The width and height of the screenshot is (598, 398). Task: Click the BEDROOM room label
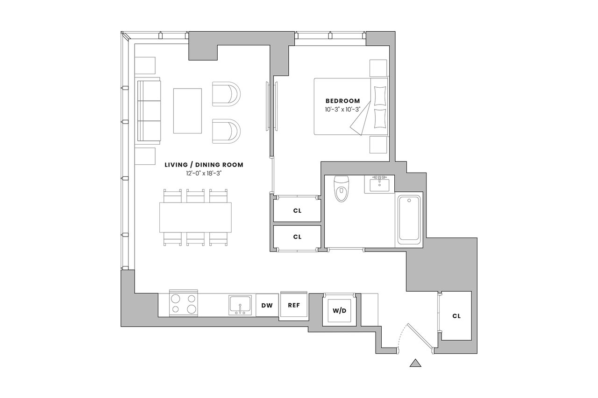(342, 101)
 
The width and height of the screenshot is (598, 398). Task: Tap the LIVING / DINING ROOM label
(204, 165)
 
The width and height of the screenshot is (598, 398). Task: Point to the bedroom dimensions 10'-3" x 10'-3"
(342, 109)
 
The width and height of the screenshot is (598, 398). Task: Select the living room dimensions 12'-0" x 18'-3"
(204, 173)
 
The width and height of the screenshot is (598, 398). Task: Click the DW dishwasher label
(267, 306)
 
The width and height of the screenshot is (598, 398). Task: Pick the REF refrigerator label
(294, 305)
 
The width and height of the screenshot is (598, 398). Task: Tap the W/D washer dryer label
(339, 311)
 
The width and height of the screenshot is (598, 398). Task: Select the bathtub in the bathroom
(409, 220)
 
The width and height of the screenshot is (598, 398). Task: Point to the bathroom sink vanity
(379, 184)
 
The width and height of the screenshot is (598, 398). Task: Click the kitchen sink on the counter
(240, 305)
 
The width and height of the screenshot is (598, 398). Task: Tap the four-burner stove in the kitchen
(184, 304)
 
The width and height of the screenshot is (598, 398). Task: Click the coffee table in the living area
(187, 111)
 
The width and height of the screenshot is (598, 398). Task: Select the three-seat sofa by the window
(149, 111)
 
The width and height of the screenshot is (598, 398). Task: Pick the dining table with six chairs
(195, 217)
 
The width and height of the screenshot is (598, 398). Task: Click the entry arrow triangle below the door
(415, 363)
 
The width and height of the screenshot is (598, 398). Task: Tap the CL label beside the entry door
(456, 316)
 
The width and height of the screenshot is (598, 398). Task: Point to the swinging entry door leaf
(420, 337)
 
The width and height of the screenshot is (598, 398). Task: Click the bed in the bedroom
(350, 106)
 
